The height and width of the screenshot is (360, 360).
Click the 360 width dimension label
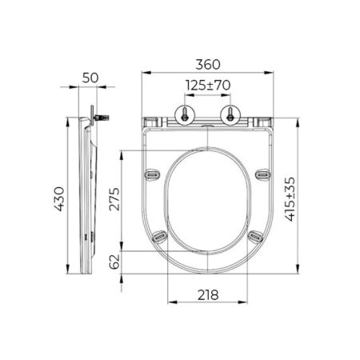click(x=208, y=65)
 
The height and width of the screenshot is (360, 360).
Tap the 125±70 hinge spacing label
click(x=208, y=86)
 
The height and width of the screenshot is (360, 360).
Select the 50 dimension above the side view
click(x=90, y=78)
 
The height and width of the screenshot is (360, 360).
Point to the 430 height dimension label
click(x=60, y=199)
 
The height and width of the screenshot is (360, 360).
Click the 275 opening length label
click(x=114, y=199)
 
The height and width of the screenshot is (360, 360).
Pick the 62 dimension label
click(x=114, y=262)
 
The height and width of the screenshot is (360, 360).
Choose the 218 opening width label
click(x=208, y=295)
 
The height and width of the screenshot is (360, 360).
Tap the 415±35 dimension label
click(x=290, y=199)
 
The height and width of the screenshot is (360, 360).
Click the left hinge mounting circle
click(x=185, y=115)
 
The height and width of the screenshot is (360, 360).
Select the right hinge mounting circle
click(x=230, y=115)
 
